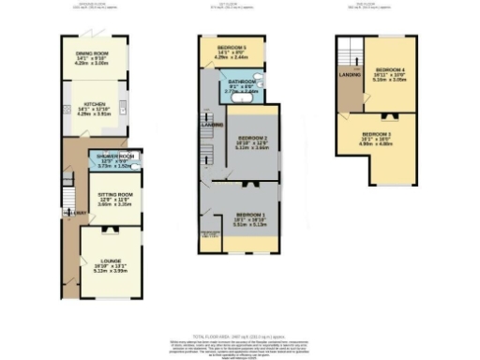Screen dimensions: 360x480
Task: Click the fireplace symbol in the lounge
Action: pyautogui.click(x=105, y=229)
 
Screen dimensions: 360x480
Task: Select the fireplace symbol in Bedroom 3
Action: pyautogui.click(x=394, y=116)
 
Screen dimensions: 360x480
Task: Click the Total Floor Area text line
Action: pyautogui.click(x=240, y=335)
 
